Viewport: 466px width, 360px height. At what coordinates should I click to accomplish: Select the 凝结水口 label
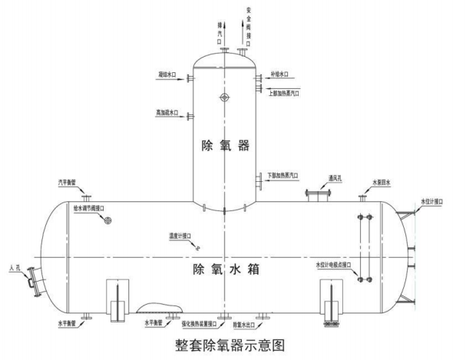[167, 75]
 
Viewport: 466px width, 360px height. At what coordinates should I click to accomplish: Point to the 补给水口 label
[279, 75]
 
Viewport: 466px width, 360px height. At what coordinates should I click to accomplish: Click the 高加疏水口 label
[167, 113]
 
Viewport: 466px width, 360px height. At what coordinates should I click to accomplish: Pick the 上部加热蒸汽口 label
[284, 92]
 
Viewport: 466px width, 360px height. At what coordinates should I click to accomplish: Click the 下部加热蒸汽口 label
[283, 175]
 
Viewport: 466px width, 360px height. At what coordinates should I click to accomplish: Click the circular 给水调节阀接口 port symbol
[107, 221]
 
